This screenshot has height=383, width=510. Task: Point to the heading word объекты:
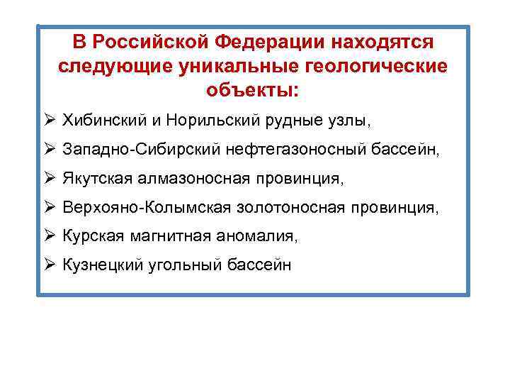[253, 91]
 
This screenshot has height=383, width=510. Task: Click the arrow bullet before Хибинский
[50, 120]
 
